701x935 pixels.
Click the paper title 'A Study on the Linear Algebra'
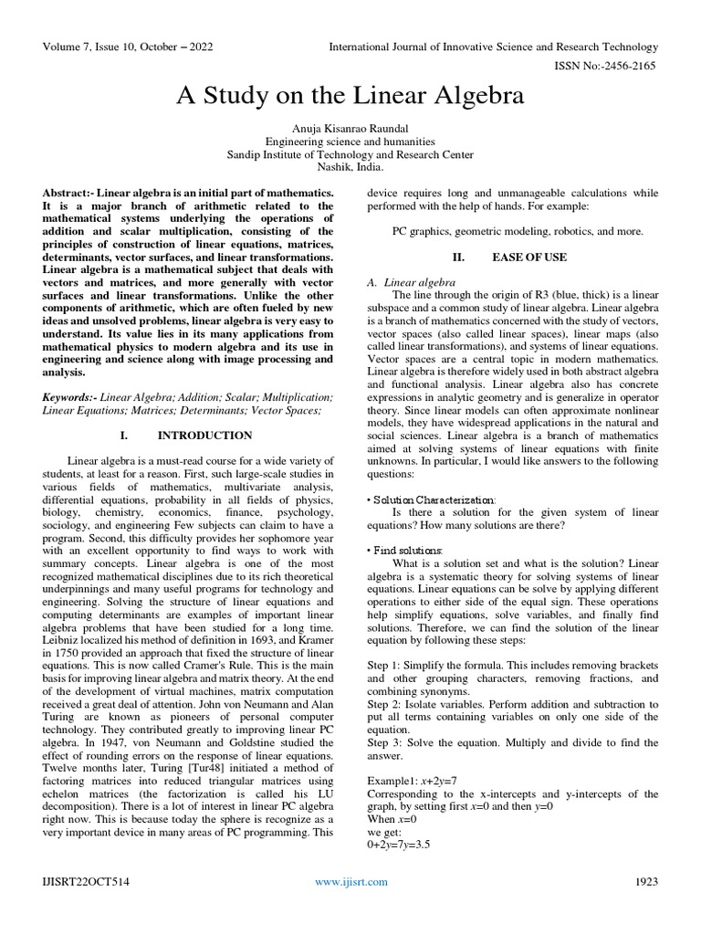pyautogui.click(x=350, y=96)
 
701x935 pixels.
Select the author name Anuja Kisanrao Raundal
pyautogui.click(x=350, y=129)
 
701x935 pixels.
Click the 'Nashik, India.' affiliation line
pyautogui.click(x=350, y=167)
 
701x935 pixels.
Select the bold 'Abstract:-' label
pyautogui.click(x=68, y=194)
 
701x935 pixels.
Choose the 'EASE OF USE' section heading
pyautogui.click(x=528, y=257)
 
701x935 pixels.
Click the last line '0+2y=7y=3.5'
pyautogui.click(x=399, y=845)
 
